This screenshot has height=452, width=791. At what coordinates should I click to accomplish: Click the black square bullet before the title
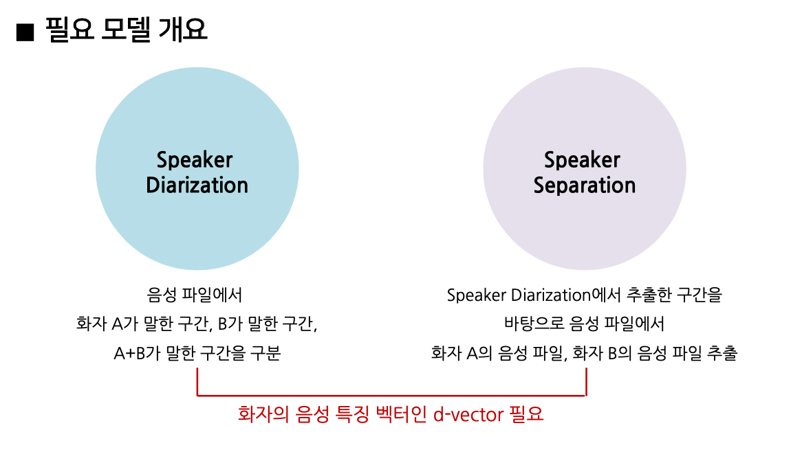(25, 32)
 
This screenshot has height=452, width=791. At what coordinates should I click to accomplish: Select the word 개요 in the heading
(183, 30)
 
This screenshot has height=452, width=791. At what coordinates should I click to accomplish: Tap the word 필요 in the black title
(70, 30)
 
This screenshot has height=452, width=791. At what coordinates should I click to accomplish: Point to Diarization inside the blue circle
(197, 185)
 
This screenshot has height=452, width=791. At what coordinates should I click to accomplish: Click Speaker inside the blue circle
(195, 160)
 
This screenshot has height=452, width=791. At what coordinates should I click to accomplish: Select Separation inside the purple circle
(584, 185)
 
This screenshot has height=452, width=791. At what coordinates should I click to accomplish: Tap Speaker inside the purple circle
(582, 160)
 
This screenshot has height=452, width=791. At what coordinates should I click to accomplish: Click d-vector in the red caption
(468, 414)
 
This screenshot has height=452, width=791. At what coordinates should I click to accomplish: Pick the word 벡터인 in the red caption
(403, 414)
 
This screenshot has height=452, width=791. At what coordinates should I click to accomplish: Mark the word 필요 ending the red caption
(526, 414)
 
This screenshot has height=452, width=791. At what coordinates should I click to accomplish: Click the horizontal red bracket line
(391, 396)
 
